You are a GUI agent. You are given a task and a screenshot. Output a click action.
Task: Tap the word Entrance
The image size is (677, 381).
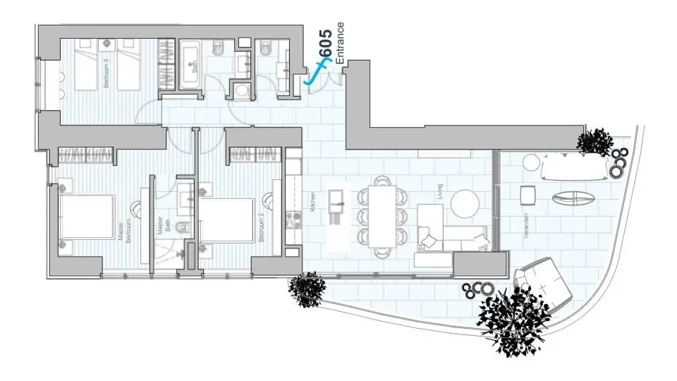[x=340, y=44]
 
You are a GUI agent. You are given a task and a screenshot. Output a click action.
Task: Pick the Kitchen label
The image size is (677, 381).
[x=310, y=202]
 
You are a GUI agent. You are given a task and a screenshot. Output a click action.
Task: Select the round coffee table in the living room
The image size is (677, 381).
[x=466, y=204]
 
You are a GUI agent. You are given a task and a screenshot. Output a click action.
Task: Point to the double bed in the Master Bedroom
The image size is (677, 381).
[x=85, y=218]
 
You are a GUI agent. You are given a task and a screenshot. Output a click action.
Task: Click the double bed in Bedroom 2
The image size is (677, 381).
[x=226, y=219]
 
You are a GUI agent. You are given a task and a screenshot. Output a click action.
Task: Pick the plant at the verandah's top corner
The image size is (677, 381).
[x=594, y=141]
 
